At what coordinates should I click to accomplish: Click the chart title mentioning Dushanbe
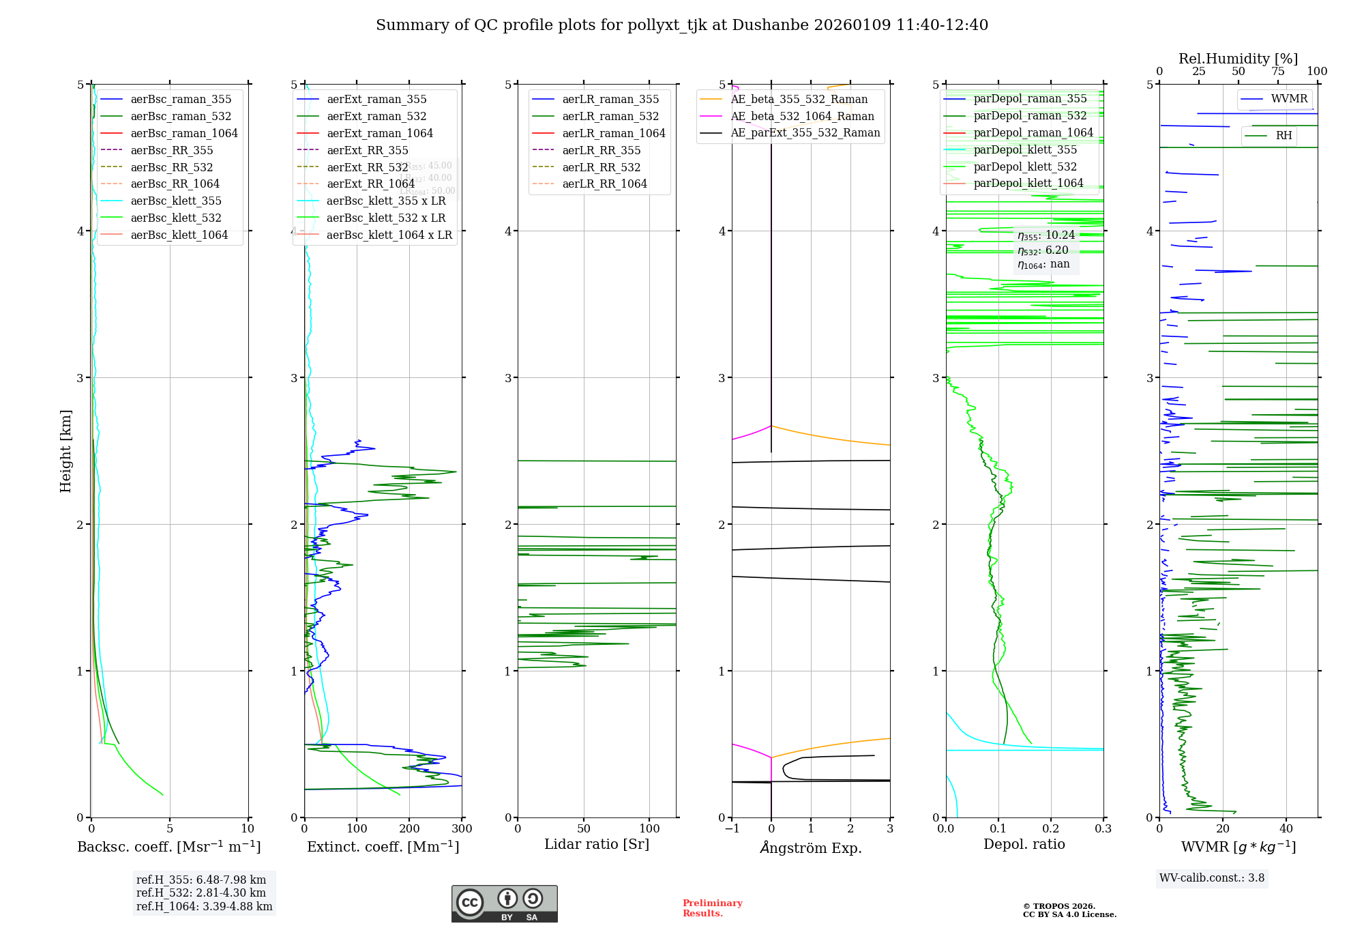[x=682, y=25]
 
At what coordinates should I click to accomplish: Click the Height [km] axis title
[x=65, y=451]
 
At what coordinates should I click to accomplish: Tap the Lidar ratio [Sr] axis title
[x=597, y=844]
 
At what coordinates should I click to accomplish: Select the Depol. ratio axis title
[x=1024, y=844]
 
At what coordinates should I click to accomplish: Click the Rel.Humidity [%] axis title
[x=1238, y=59]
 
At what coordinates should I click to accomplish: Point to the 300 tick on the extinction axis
[x=462, y=829]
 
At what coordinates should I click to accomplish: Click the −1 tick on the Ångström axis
[x=732, y=829]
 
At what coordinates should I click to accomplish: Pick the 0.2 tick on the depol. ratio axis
[x=1051, y=829]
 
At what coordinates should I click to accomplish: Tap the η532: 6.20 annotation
[x=1043, y=250]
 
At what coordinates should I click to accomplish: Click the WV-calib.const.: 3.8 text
[x=1211, y=878]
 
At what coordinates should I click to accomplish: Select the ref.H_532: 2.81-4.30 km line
[x=201, y=893]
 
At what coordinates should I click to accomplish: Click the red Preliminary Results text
[x=712, y=908]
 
